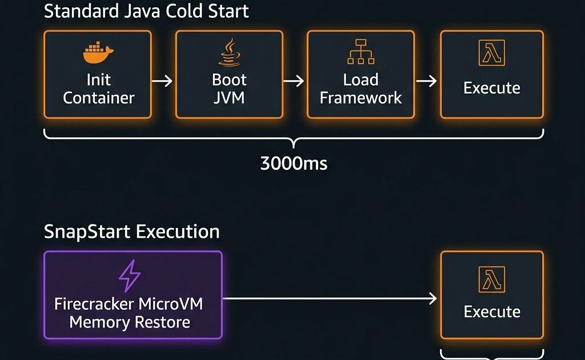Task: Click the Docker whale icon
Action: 98,53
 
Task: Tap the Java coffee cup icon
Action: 229,53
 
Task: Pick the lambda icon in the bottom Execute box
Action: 491,279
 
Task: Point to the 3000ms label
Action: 294,164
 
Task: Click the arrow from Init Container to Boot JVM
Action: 163,81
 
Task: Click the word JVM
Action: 229,98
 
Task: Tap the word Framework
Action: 360,98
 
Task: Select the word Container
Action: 98,98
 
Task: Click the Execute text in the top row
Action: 491,88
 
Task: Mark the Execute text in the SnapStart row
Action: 491,312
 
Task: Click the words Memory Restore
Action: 130,322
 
